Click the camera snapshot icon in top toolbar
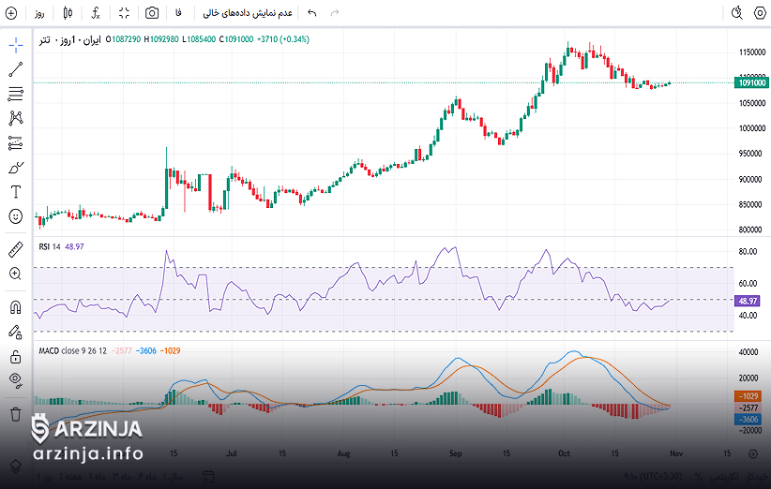point(152,13)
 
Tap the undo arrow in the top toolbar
point(312,13)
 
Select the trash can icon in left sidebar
point(15,413)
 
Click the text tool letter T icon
point(15,192)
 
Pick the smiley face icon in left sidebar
point(15,216)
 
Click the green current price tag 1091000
point(751,83)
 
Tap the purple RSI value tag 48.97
point(748,301)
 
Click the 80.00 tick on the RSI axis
point(748,252)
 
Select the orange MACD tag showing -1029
point(748,396)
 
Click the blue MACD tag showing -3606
point(748,420)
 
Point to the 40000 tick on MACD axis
point(748,352)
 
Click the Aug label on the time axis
point(343,452)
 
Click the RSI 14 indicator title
point(49,246)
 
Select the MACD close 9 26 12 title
point(71,350)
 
